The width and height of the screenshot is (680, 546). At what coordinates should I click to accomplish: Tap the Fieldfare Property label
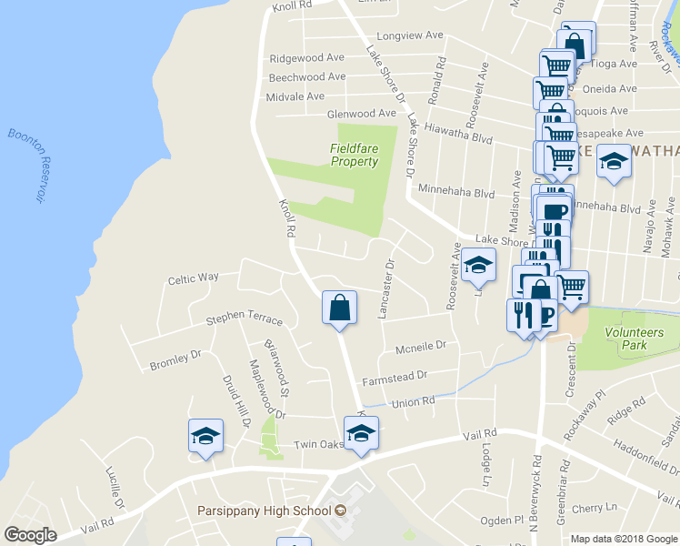click(354, 155)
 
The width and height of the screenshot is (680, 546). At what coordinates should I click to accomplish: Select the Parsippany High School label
click(265, 511)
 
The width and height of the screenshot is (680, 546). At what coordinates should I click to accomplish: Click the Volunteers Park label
click(635, 339)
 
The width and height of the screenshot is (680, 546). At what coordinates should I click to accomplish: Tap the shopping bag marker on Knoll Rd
click(338, 307)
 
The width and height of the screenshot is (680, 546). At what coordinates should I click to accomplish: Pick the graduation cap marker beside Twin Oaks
click(361, 432)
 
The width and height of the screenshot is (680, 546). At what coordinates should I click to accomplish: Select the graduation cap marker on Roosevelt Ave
click(478, 265)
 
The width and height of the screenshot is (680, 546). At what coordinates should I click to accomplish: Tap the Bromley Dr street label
click(175, 360)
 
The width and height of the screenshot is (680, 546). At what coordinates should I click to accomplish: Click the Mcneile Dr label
click(421, 348)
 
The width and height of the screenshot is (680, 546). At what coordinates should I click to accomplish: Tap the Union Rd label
click(413, 401)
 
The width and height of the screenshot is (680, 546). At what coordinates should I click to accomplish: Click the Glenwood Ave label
click(361, 114)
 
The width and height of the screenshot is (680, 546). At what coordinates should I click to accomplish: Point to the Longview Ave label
click(409, 36)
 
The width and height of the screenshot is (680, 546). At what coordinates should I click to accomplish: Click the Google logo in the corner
click(30, 535)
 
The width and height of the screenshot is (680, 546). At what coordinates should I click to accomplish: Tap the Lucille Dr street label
click(115, 489)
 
